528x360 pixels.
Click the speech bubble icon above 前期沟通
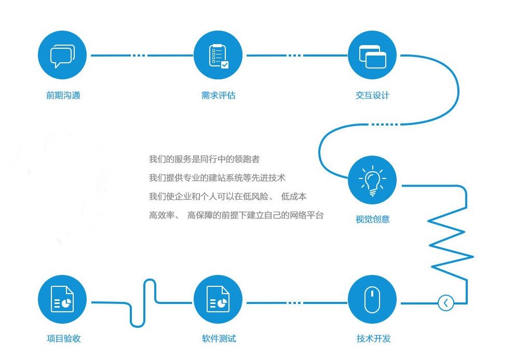62,55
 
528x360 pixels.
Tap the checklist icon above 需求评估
218,55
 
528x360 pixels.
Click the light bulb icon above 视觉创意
372,180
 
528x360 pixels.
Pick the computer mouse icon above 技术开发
372,299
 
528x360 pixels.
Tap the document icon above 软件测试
218,299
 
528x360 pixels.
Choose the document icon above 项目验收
62,299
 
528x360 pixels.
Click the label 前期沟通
63,95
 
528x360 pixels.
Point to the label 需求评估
218,95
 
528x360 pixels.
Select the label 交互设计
372,95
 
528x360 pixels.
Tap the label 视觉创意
372,219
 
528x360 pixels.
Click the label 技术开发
373,338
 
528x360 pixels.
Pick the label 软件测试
219,338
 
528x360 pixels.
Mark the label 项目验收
64,338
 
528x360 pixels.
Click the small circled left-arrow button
446,303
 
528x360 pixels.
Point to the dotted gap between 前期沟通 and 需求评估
139,55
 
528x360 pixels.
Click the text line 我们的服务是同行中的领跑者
205,159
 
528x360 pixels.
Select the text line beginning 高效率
236,215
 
